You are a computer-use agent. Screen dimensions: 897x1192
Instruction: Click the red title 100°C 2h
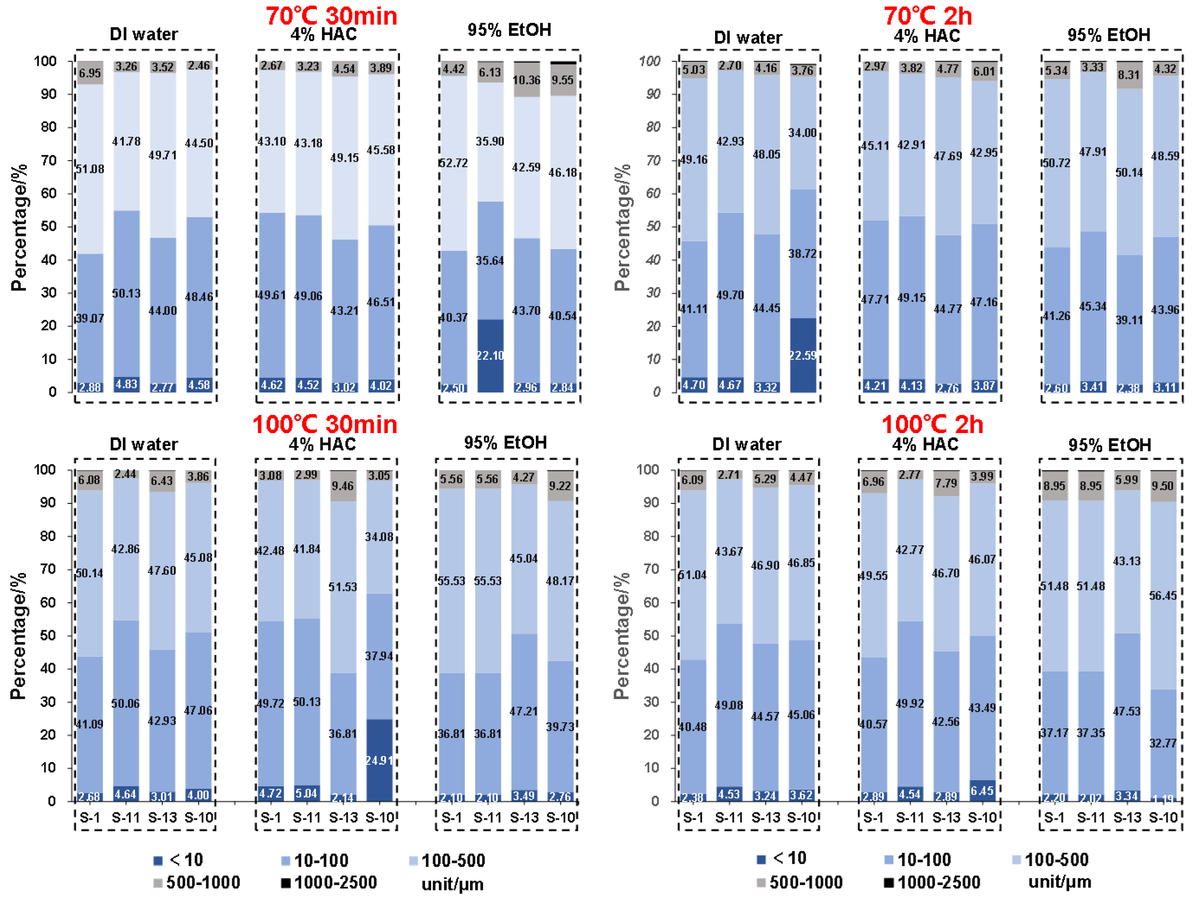click(x=932, y=425)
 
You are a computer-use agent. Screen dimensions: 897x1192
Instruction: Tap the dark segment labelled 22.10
click(x=490, y=356)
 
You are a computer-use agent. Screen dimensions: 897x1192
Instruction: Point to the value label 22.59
click(x=802, y=356)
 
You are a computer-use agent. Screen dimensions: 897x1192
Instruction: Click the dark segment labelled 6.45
click(x=982, y=790)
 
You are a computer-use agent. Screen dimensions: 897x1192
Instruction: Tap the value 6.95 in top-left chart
click(x=89, y=73)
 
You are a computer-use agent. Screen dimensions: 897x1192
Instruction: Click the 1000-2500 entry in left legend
click(x=329, y=883)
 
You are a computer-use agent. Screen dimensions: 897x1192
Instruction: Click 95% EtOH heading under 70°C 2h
click(x=1109, y=35)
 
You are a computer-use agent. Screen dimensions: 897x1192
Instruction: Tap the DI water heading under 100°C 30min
click(x=143, y=444)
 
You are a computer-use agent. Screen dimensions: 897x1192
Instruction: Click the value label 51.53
click(x=343, y=587)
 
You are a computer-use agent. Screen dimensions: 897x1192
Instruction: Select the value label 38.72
click(x=802, y=253)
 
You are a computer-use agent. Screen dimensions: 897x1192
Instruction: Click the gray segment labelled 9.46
click(x=343, y=486)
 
